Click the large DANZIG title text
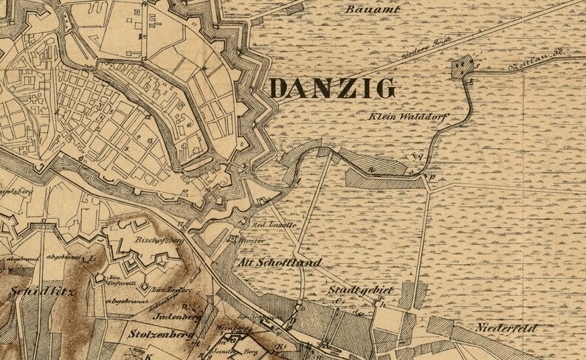(332, 89)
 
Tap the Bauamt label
(373, 10)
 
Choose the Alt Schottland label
(280, 263)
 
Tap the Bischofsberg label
(154, 240)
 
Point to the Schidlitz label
(35, 291)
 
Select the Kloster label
(253, 240)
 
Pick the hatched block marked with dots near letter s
(462, 68)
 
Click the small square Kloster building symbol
(233, 239)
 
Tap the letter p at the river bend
(432, 179)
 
